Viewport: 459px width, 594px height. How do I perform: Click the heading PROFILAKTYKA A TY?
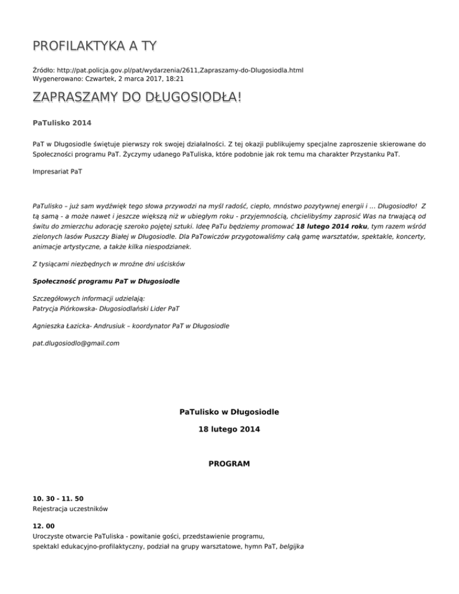pyautogui.click(x=95, y=46)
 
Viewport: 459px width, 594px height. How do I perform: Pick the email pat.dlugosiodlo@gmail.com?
pyautogui.click(x=76, y=343)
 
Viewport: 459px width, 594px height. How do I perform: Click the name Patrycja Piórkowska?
pyautogui.click(x=69, y=309)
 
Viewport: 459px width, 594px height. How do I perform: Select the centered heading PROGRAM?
pyautogui.click(x=229, y=463)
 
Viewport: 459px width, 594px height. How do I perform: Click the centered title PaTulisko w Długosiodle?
pyautogui.click(x=229, y=412)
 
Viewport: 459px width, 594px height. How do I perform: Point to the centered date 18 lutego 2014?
pyautogui.click(x=229, y=429)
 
